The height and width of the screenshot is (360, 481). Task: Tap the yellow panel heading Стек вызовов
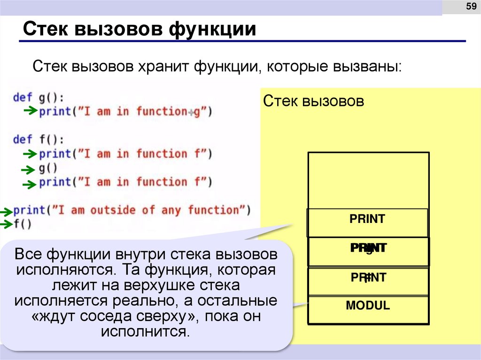point(313,101)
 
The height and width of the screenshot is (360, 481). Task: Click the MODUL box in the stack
point(368,306)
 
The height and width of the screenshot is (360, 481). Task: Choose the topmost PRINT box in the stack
point(367,219)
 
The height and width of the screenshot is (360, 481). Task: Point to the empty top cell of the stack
point(368,180)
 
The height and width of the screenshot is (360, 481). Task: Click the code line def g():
point(39,98)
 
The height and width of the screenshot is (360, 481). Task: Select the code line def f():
point(39,139)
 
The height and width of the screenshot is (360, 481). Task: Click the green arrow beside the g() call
point(29,169)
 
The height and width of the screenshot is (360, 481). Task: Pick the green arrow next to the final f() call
point(6,224)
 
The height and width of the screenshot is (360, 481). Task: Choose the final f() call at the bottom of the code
point(23,224)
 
